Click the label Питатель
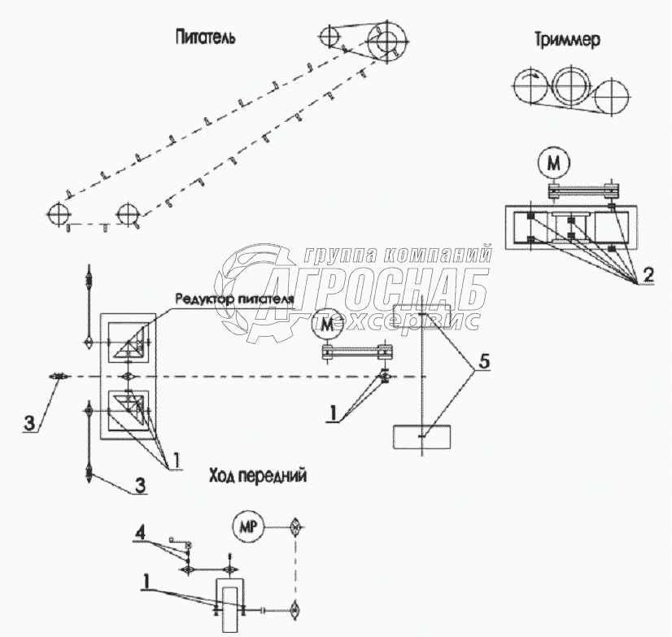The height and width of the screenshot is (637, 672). click(204, 37)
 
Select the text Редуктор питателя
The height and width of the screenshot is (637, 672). click(233, 298)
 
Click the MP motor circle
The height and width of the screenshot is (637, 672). click(247, 527)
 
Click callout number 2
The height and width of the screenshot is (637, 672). click(647, 274)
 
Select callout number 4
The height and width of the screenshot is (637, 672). click(141, 534)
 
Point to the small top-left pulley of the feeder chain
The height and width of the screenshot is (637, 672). click(329, 37)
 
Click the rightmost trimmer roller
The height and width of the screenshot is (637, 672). click(612, 100)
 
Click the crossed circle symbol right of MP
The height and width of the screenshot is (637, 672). click(295, 526)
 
